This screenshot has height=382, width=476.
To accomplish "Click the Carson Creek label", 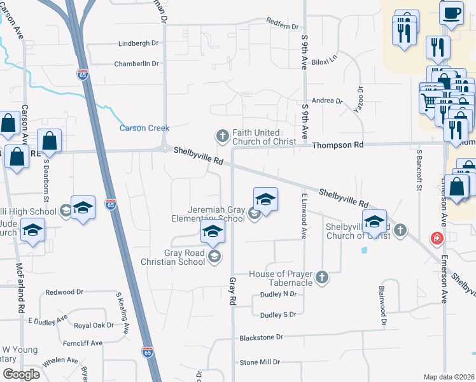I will [x=144, y=128].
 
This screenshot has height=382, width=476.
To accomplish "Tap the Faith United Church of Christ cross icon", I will [x=222, y=136].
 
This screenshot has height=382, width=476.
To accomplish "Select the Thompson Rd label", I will [x=337, y=145].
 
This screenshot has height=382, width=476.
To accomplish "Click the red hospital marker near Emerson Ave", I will [x=437, y=239].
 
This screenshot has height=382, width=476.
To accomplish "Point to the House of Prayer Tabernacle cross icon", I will [x=323, y=277].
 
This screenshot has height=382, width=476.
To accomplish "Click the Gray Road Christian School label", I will [x=184, y=256].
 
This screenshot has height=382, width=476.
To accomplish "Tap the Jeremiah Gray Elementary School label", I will [x=216, y=214].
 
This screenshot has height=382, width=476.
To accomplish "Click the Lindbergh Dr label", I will [x=138, y=43].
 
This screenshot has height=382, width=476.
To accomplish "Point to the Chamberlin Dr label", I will [x=136, y=64].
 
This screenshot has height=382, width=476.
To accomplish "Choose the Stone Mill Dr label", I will [x=260, y=362].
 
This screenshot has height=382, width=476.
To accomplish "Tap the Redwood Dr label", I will [x=64, y=293].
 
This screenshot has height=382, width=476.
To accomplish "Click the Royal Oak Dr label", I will [x=94, y=325].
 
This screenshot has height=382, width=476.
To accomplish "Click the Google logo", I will [x=21, y=374].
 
